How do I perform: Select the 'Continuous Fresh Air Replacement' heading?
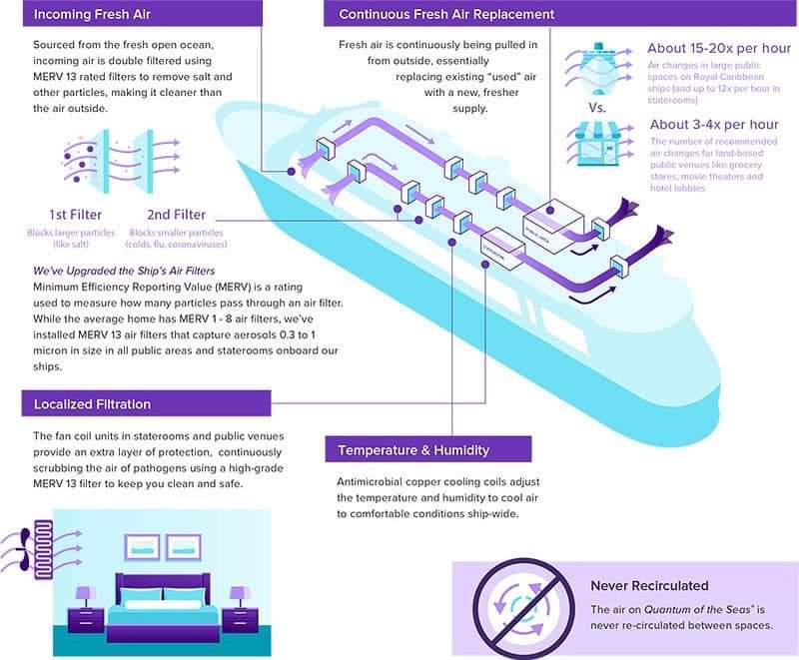(x=446, y=15)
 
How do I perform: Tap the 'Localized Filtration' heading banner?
(x=93, y=403)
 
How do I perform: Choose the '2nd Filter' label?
(x=176, y=214)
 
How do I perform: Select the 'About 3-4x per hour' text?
(x=713, y=125)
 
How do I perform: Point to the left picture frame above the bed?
(x=142, y=545)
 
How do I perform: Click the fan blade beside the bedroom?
(x=18, y=547)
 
